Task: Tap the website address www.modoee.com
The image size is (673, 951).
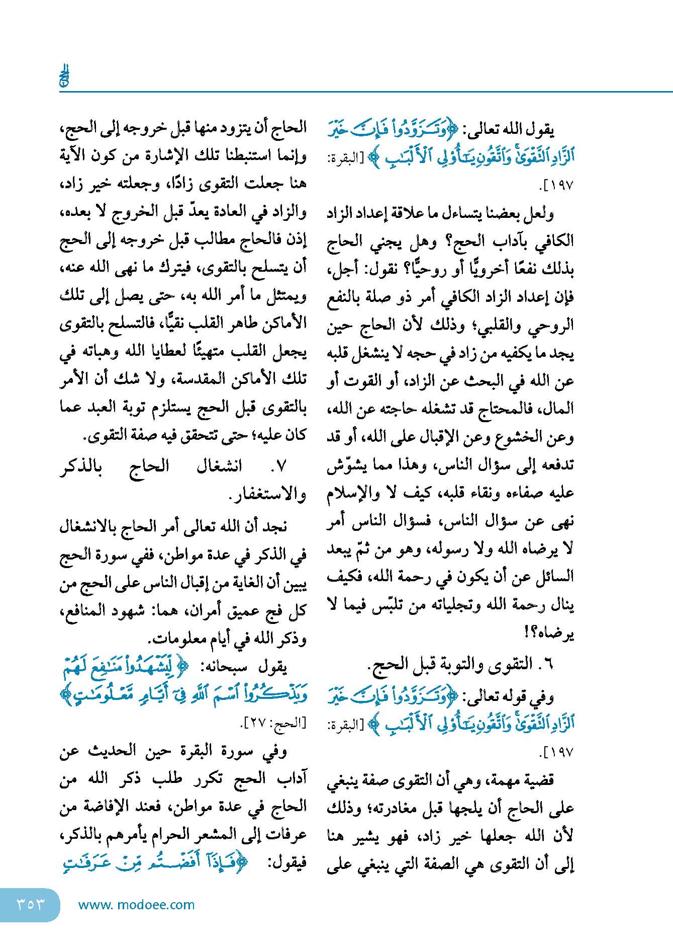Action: point(137,905)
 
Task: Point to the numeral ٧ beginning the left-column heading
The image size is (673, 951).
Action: point(281,467)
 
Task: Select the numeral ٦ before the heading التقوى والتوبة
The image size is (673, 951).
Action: point(548,665)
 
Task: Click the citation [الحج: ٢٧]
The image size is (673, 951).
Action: point(273,724)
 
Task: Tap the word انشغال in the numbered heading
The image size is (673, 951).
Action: point(219,467)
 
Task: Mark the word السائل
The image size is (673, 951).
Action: point(552,577)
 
